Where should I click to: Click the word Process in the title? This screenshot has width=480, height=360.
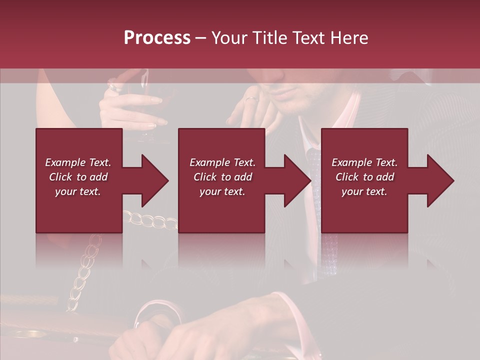coord(157,38)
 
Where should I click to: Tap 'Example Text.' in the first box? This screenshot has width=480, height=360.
coord(78,162)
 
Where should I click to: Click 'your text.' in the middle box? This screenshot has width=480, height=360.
coord(222,191)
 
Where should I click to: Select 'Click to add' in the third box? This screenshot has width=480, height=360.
coord(364,177)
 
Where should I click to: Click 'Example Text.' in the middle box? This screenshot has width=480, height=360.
coord(222,162)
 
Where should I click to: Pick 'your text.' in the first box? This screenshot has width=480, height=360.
coord(78,191)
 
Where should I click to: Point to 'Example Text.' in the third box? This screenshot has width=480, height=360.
coord(364,162)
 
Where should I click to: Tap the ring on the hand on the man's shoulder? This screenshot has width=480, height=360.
coord(250,98)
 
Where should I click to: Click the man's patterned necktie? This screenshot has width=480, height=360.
coord(314,165)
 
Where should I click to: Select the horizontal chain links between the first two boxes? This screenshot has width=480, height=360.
coord(150,220)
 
